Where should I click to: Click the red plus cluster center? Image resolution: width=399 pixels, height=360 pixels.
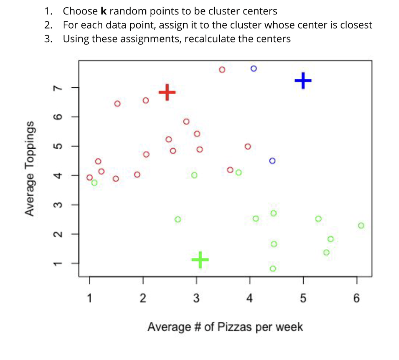[167, 92]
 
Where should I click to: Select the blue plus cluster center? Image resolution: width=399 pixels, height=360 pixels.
[303, 80]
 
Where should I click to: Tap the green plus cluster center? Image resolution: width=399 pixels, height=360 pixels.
[200, 259]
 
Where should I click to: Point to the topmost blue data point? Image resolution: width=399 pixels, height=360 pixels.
[254, 69]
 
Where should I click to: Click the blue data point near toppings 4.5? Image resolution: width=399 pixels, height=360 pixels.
[272, 161]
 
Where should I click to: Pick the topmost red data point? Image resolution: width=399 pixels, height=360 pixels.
[222, 70]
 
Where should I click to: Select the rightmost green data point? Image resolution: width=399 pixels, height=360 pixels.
[361, 226]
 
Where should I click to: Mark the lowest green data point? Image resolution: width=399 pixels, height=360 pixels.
[273, 269]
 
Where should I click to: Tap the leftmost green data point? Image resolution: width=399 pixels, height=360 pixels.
[94, 183]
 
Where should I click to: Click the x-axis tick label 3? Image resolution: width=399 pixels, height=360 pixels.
[196, 298]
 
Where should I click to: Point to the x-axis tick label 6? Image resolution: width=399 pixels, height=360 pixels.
[356, 298]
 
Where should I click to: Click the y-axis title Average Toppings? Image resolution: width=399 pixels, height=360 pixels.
[30, 168]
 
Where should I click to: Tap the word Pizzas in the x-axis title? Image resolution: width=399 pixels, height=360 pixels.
[235, 327]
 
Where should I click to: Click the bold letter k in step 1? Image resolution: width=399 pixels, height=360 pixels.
[104, 11]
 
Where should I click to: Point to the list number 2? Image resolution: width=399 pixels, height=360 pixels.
[48, 25]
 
